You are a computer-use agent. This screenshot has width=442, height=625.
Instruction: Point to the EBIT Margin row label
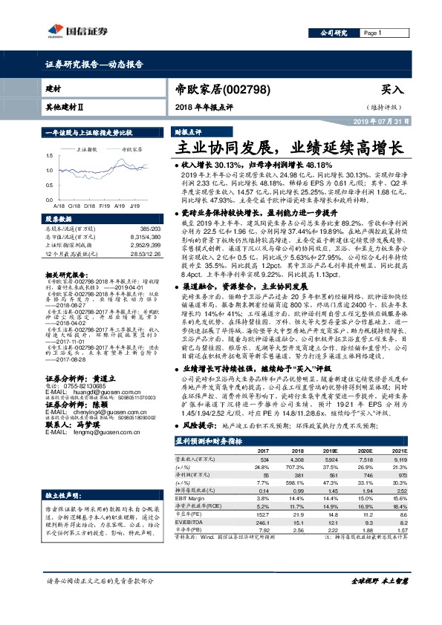point(193,499)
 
